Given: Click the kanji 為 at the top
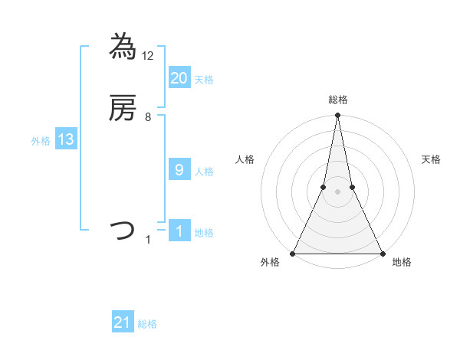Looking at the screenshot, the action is tap(123, 47).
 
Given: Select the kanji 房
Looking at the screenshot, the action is tap(123, 110).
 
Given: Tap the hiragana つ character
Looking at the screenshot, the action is tap(123, 231).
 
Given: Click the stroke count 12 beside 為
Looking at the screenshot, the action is tap(149, 55).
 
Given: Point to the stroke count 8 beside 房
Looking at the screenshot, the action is tap(148, 117).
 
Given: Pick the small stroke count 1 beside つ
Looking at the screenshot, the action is tap(148, 240).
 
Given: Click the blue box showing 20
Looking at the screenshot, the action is tap(179, 77).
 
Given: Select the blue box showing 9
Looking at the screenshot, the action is tap(179, 170).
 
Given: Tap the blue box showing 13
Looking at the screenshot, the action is tap(65, 139).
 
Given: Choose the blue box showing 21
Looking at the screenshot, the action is tap(123, 322).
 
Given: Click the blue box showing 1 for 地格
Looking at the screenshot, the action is tap(179, 231).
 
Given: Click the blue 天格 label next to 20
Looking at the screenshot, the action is tap(204, 79).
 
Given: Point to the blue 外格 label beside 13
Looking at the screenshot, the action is tap(41, 141).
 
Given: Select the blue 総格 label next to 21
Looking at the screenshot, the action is tap(147, 324).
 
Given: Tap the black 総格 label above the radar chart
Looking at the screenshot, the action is tap(337, 100).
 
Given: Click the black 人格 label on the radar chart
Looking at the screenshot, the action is tap(245, 159).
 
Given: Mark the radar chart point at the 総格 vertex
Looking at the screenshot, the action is tap(337, 116).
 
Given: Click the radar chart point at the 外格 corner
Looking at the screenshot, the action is tap(293, 253).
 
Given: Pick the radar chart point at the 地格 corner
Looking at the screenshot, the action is tap(382, 253).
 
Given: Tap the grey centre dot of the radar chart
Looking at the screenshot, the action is tap(337, 192).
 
